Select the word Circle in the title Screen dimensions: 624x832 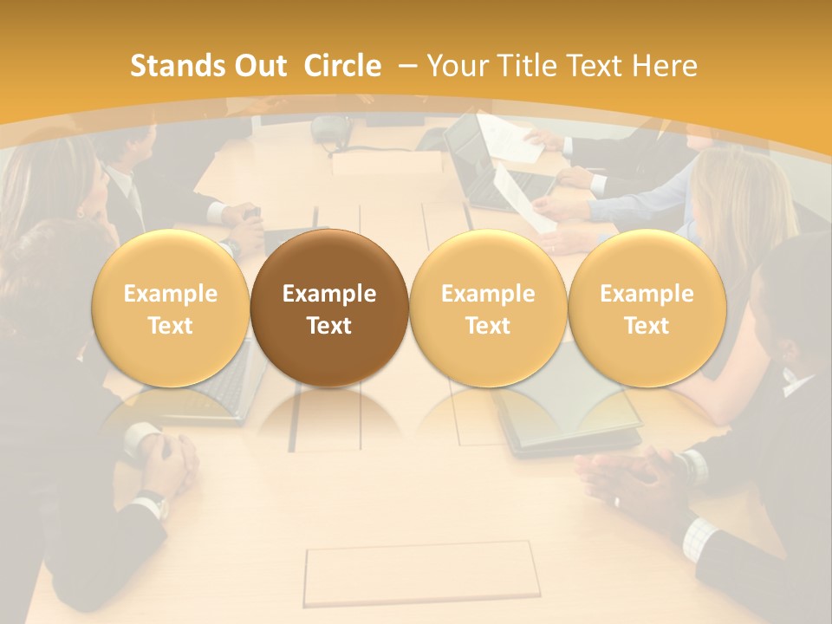342,66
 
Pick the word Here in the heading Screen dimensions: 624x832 664,66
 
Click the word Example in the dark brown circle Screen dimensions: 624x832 329,294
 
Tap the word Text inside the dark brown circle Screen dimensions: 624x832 329,326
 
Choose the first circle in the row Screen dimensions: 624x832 171,309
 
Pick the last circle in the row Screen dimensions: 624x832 647,309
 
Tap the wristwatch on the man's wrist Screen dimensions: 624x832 153,502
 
